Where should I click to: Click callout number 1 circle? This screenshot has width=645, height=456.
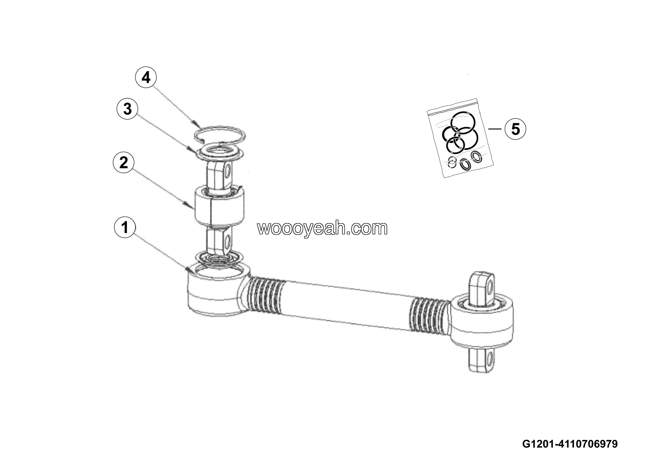pyautogui.click(x=125, y=227)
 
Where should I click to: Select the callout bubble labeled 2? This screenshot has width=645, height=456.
pyautogui.click(x=124, y=162)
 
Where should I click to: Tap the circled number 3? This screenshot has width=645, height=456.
pyautogui.click(x=127, y=108)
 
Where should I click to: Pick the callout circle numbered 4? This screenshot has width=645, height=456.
pyautogui.click(x=146, y=77)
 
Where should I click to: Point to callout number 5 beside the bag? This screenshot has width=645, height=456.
pyautogui.click(x=515, y=129)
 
